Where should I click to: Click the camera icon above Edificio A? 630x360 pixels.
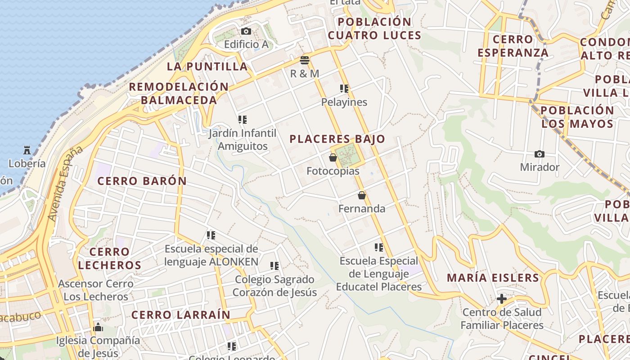246,31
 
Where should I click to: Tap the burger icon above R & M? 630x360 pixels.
305,60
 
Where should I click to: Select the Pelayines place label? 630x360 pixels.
344,102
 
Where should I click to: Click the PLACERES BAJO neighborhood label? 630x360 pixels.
337,139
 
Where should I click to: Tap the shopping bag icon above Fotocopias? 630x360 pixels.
333,157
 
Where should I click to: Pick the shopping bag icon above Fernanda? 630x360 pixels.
362,195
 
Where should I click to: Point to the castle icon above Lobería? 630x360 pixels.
27,150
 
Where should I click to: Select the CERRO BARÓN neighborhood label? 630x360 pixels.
142,181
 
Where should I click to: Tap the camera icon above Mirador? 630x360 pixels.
539,154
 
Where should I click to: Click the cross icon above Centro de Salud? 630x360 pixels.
501,299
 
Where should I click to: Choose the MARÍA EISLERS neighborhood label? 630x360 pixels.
493,278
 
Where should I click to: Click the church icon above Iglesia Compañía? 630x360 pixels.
98,327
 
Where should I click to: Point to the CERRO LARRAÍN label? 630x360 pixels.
181,315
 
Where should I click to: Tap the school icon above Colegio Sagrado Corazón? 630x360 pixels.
274,266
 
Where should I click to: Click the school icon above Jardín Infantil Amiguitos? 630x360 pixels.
243,120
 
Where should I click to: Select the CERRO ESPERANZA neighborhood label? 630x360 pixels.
513,46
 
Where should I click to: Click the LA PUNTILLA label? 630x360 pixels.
207,67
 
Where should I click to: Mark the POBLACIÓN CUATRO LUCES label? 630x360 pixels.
374,28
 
